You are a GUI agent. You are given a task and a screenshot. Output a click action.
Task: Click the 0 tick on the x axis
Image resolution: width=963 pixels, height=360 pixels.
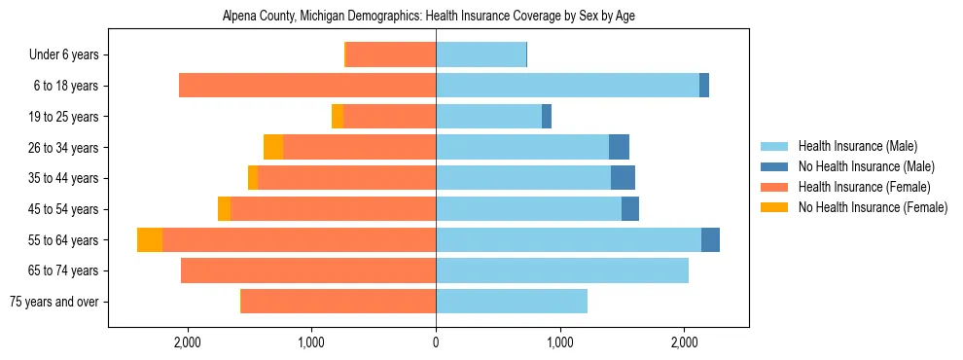click(436, 342)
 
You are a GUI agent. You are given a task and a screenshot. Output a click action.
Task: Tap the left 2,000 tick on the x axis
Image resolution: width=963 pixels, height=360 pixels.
click(187, 342)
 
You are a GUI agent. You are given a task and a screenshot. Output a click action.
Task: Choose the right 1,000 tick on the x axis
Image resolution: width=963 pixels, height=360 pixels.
click(560, 342)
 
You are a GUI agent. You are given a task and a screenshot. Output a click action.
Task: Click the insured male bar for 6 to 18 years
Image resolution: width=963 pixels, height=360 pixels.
click(567, 86)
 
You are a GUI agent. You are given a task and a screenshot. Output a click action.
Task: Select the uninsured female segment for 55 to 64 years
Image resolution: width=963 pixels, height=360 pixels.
click(150, 240)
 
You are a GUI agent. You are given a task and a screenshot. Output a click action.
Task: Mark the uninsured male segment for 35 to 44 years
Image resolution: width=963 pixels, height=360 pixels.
click(623, 178)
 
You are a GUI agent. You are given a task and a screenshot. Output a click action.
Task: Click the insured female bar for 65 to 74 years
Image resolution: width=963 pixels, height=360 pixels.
click(308, 270)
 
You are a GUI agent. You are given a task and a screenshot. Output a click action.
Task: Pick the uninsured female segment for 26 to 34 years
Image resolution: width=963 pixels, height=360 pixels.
click(273, 147)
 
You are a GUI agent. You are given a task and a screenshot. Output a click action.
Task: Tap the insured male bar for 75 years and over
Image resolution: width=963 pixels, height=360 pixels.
click(512, 302)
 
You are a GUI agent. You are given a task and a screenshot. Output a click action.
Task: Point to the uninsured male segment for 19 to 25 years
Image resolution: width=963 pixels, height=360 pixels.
click(547, 116)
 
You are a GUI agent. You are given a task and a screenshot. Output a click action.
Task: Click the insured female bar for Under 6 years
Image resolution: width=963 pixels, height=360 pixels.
click(391, 54)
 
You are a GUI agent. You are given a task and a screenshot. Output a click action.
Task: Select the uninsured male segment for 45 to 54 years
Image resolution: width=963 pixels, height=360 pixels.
click(630, 209)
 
